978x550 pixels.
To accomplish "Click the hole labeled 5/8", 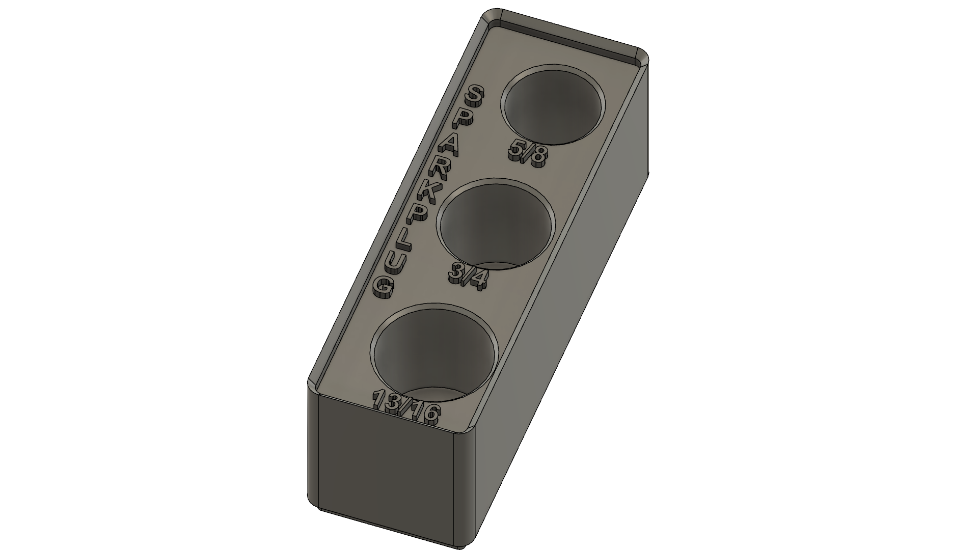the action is click(554, 105).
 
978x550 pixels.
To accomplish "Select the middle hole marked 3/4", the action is click(496, 224).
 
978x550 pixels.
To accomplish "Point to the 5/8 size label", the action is click(528, 152).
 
